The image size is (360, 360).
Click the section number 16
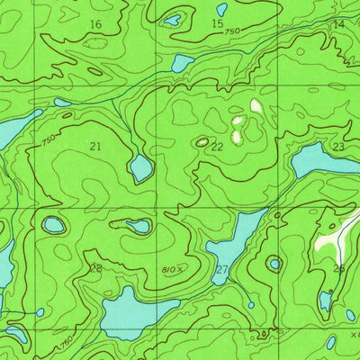pyautogui.click(x=95, y=24)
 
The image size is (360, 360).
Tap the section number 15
pyautogui.click(x=218, y=24)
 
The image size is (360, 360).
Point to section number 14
pyautogui.click(x=338, y=24)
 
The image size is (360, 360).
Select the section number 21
pyautogui.click(x=95, y=145)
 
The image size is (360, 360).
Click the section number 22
pyautogui.click(x=217, y=147)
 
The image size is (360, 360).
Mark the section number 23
pyautogui.click(x=338, y=147)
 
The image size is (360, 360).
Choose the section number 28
pyautogui.click(x=95, y=268)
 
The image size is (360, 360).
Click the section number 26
pyautogui.click(x=338, y=268)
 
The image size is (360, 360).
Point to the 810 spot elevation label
pyautogui.click(x=171, y=268)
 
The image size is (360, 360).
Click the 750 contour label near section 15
pyautogui.click(x=232, y=32)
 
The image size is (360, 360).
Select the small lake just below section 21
pyautogui.click(x=140, y=167)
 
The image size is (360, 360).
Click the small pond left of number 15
pyautogui.click(x=171, y=20)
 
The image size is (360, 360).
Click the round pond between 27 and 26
pyautogui.click(x=274, y=264)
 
